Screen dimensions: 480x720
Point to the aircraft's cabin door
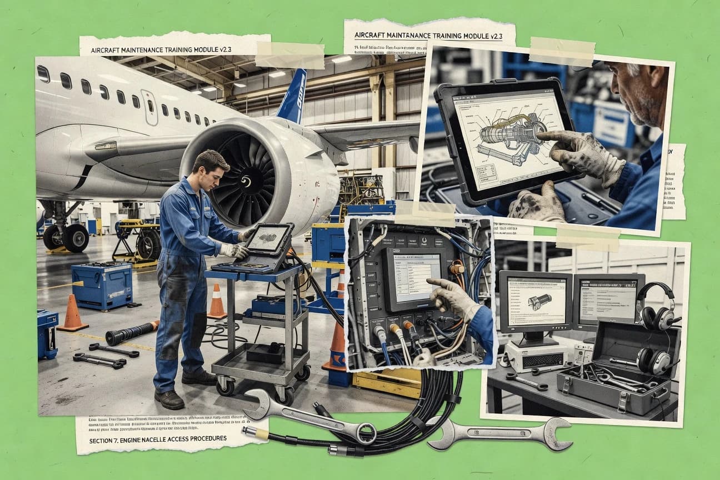tap(149, 107)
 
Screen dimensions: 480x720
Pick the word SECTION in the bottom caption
tap(105, 439)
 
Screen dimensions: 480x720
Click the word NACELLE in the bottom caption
tap(169, 439)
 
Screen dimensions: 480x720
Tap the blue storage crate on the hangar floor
tap(102, 286)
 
